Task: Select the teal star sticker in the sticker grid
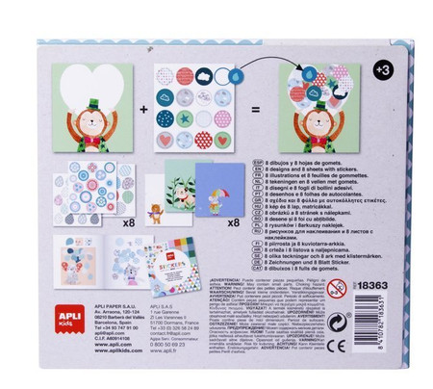pos(183,119)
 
